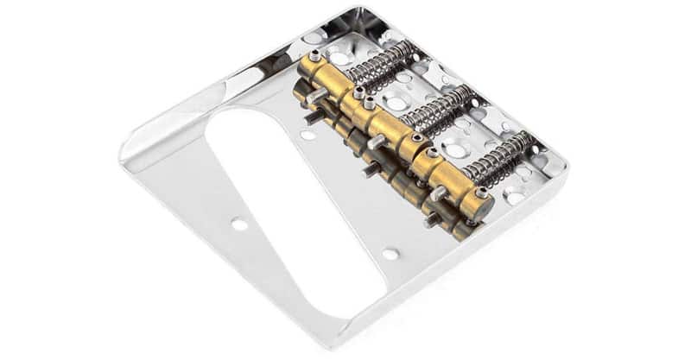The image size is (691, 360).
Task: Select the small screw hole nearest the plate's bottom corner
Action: pos(390,254)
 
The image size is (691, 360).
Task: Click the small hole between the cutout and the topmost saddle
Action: pos(307,134)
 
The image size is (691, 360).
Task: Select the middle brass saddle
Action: pos(389,129)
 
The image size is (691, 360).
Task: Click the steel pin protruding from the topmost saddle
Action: pos(315,98)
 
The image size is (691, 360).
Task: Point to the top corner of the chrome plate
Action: pos(363,10)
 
